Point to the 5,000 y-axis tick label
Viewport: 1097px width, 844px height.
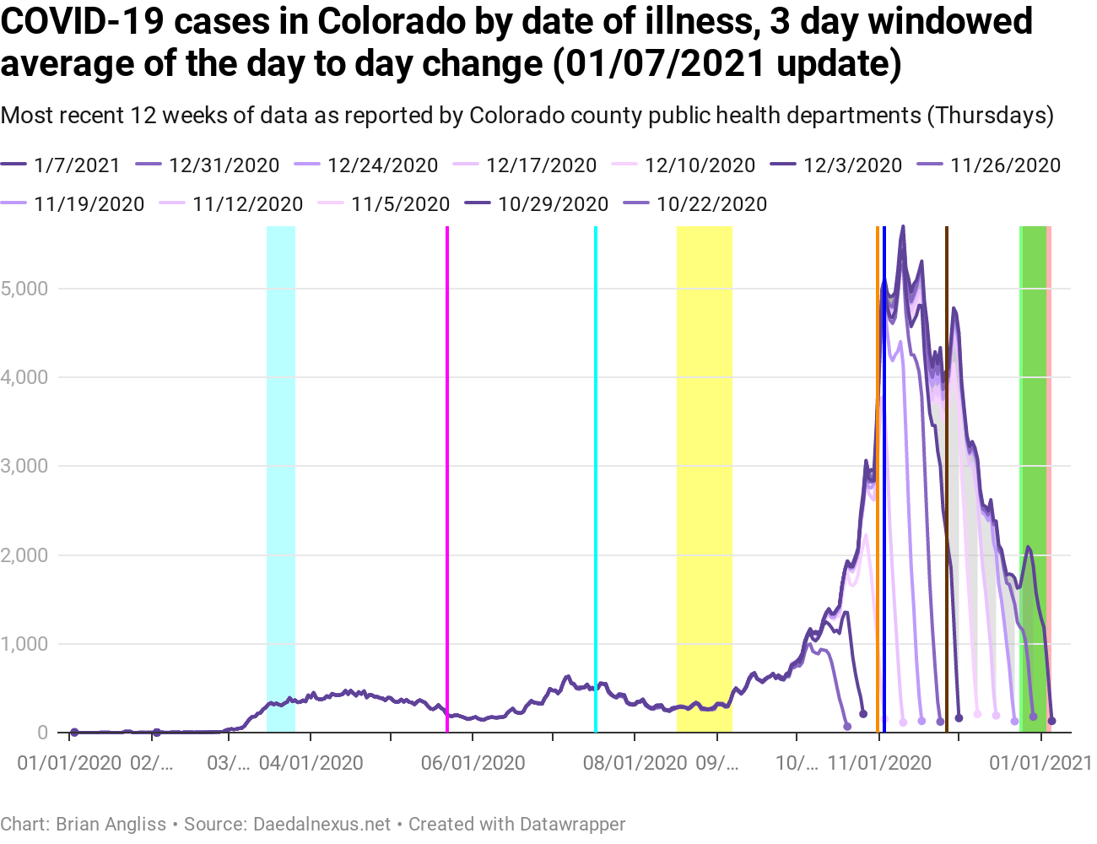(24, 289)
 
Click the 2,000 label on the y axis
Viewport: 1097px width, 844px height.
(24, 555)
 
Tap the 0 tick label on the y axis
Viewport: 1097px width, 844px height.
(42, 733)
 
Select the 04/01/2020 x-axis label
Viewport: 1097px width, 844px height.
(311, 763)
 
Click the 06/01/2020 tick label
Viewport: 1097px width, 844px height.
(473, 763)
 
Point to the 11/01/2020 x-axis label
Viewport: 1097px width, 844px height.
(879, 763)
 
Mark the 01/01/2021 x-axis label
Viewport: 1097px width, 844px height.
(1040, 763)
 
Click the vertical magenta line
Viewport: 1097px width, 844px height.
(446, 473)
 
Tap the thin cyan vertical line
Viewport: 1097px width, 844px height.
(596, 473)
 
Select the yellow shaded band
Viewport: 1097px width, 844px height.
(704, 473)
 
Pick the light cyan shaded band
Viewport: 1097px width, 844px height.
(281, 473)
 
